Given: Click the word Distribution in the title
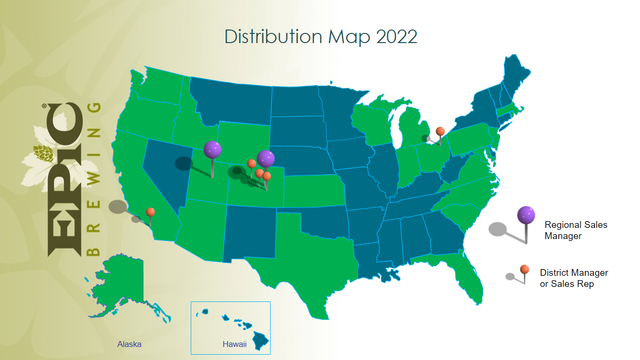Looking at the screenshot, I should click(274, 37).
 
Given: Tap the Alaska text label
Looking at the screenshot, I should click(129, 345).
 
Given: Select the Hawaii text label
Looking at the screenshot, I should click(235, 345).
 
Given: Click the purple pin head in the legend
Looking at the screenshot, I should click(526, 214).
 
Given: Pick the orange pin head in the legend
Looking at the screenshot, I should click(524, 269).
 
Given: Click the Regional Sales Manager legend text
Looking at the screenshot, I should click(576, 230).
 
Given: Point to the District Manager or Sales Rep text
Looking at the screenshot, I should click(574, 278).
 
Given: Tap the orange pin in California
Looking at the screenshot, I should click(151, 212).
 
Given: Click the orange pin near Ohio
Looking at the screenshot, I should click(440, 131).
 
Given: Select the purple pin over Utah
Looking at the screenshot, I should click(212, 150).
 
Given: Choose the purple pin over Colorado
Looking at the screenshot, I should click(265, 158).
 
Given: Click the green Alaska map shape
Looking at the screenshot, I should click(123, 281).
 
